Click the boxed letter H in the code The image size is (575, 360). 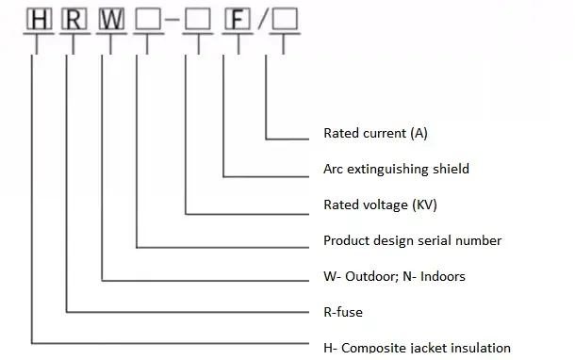click(36, 20)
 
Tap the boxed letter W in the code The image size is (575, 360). click(110, 20)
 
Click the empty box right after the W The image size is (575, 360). click(146, 20)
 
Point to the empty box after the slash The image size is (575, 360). click(283, 20)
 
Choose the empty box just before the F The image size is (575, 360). click(194, 20)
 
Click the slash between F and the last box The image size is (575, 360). click(257, 20)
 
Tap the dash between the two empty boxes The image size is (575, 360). click(170, 20)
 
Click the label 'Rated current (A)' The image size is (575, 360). click(375, 133)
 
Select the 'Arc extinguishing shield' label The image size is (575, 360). click(396, 169)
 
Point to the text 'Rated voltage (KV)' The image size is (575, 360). click(380, 205)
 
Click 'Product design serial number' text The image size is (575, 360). click(412, 240)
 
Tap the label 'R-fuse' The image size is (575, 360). click(343, 312)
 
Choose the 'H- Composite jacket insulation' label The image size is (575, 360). click(417, 348)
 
